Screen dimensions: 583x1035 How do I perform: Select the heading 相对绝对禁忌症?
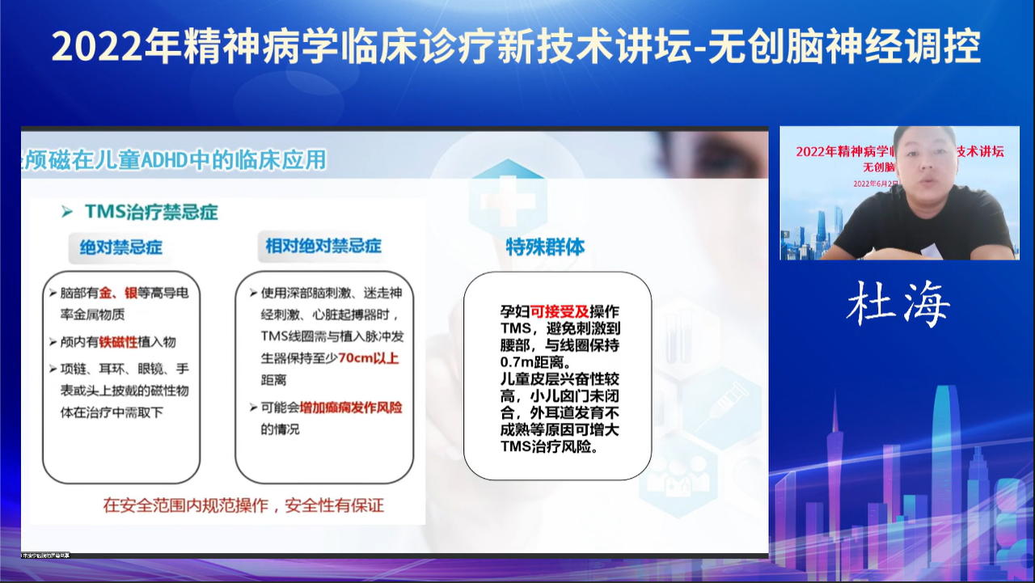[323, 246]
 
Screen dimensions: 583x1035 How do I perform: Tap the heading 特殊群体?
[545, 247]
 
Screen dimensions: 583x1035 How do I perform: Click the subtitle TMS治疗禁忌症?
[151, 212]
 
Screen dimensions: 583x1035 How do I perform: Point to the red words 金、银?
[120, 293]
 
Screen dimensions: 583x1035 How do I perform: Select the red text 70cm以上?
[369, 358]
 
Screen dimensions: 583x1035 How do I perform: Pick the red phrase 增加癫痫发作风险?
[351, 408]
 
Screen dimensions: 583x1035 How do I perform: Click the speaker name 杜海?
[898, 306]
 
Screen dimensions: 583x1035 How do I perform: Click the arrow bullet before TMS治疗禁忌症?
[67, 212]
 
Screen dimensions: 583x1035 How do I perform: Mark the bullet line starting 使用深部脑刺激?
[330, 293]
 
